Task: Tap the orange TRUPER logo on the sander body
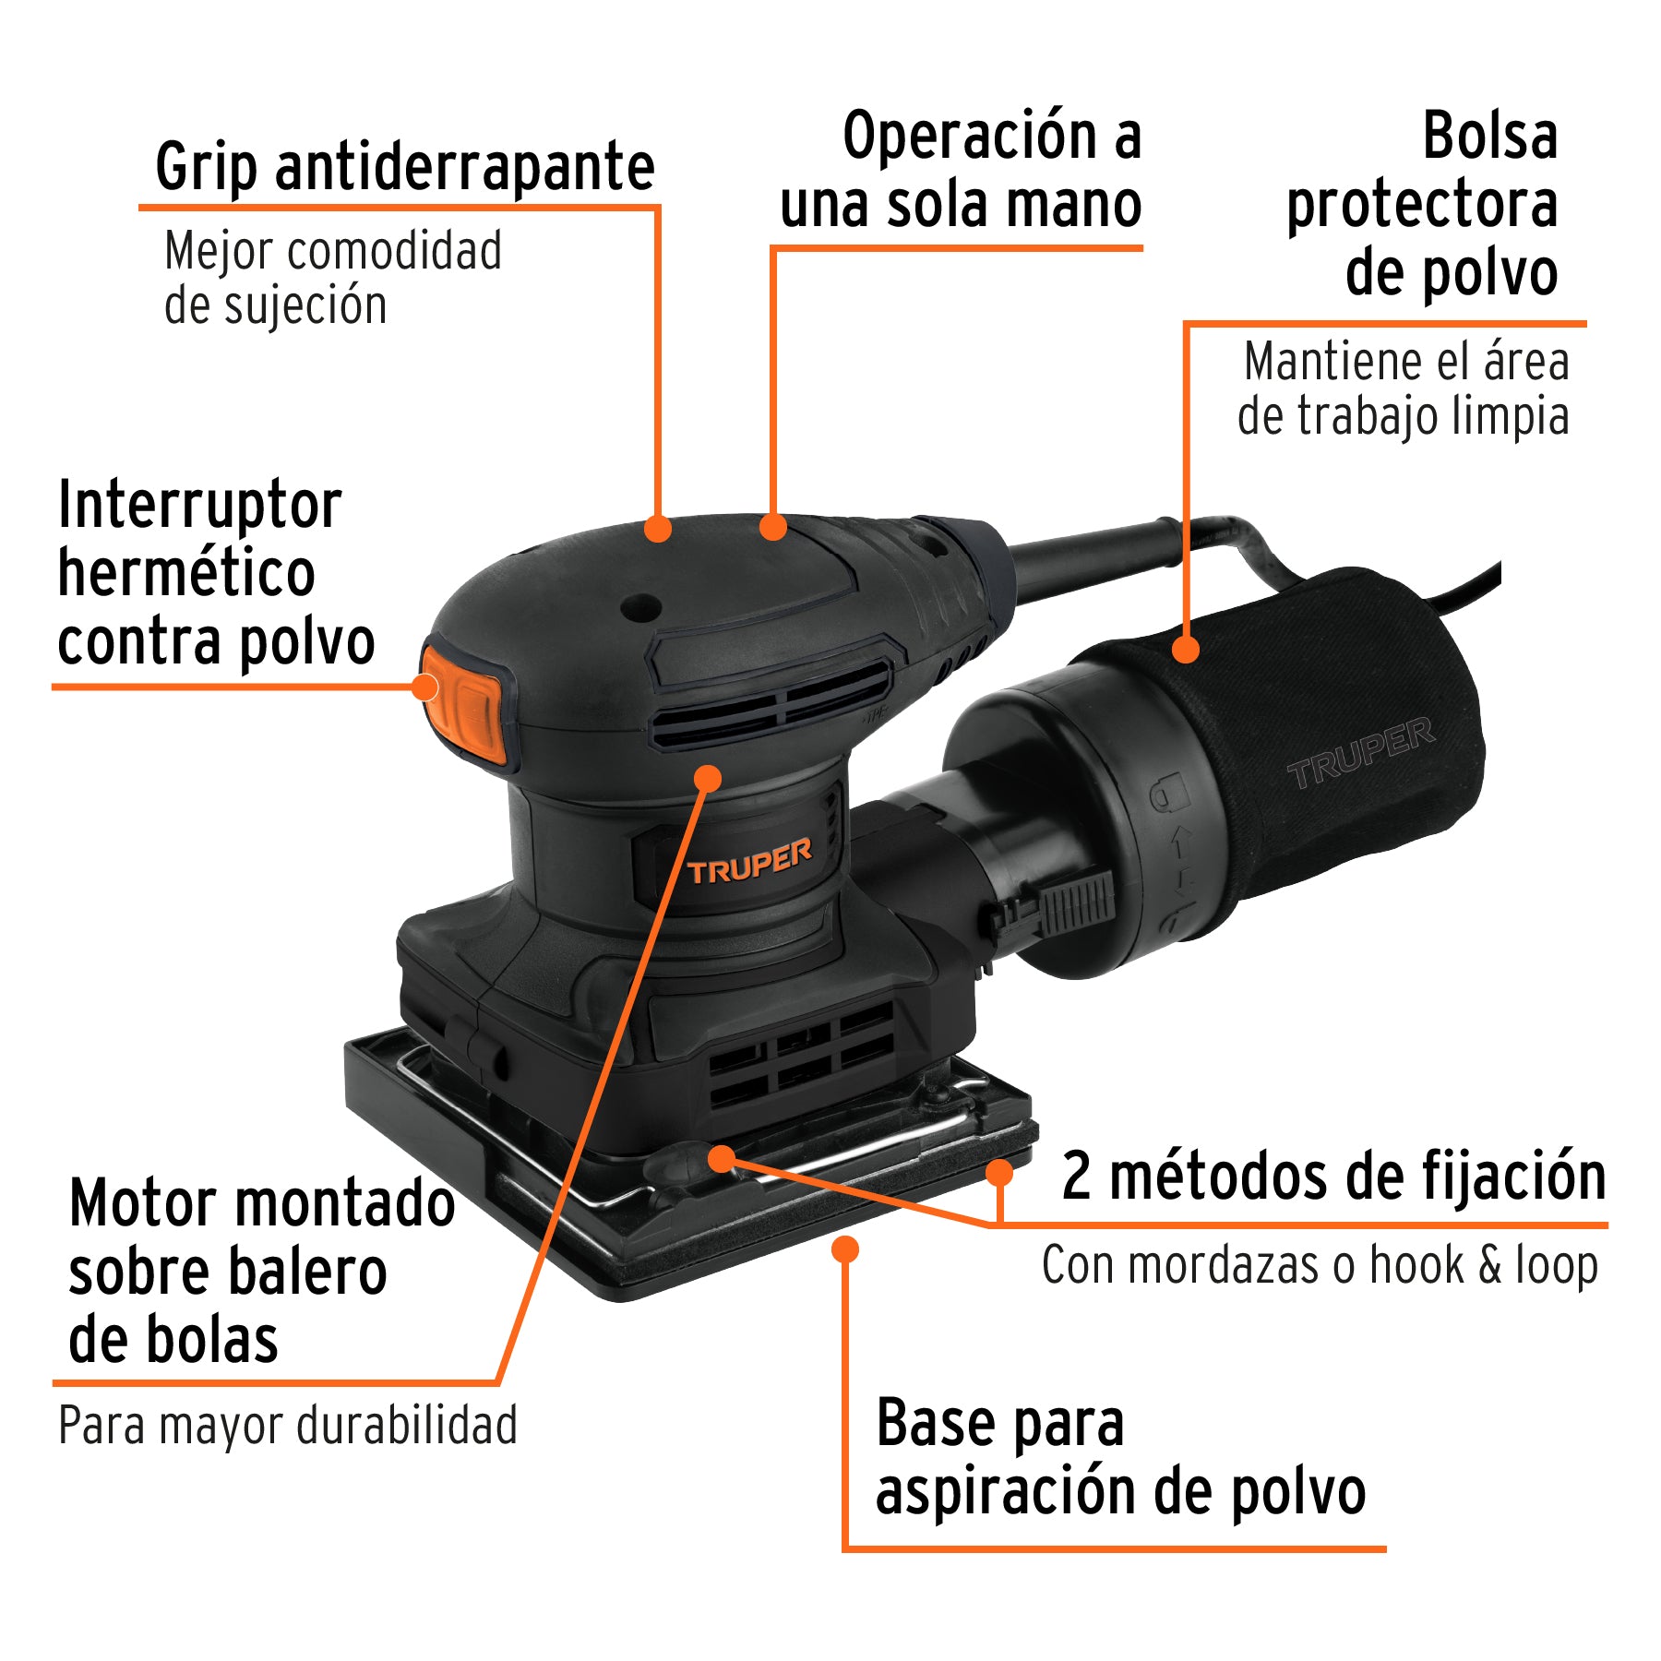coord(749,862)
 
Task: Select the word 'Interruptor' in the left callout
coord(199,506)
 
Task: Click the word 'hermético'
coord(186,573)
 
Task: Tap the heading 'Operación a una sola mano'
coord(962,170)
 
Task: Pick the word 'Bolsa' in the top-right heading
coord(1489,137)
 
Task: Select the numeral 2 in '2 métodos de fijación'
coord(1076,1177)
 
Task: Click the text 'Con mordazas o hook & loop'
coord(1320,1265)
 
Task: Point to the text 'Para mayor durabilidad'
coord(287,1426)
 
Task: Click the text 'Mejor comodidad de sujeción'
coord(332,278)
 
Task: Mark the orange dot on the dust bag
coord(1186,649)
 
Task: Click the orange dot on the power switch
coord(425,687)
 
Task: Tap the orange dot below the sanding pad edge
coord(845,1249)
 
